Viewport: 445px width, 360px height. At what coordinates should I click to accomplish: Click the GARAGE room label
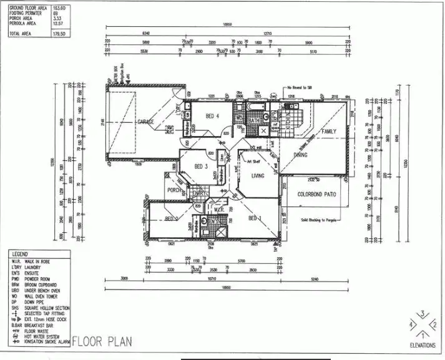145,122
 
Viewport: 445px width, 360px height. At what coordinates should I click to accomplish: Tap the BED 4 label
212,117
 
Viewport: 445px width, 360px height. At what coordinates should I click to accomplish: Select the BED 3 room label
200,167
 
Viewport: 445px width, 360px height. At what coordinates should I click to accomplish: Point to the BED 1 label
255,218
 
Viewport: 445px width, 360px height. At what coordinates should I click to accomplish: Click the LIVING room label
258,176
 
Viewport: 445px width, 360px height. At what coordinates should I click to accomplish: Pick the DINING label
301,154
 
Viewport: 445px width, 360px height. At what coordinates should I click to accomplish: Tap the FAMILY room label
328,132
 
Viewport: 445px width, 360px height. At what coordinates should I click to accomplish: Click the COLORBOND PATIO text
313,195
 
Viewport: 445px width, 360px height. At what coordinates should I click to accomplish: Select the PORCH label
174,190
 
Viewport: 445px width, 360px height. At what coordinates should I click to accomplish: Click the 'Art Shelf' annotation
253,161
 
